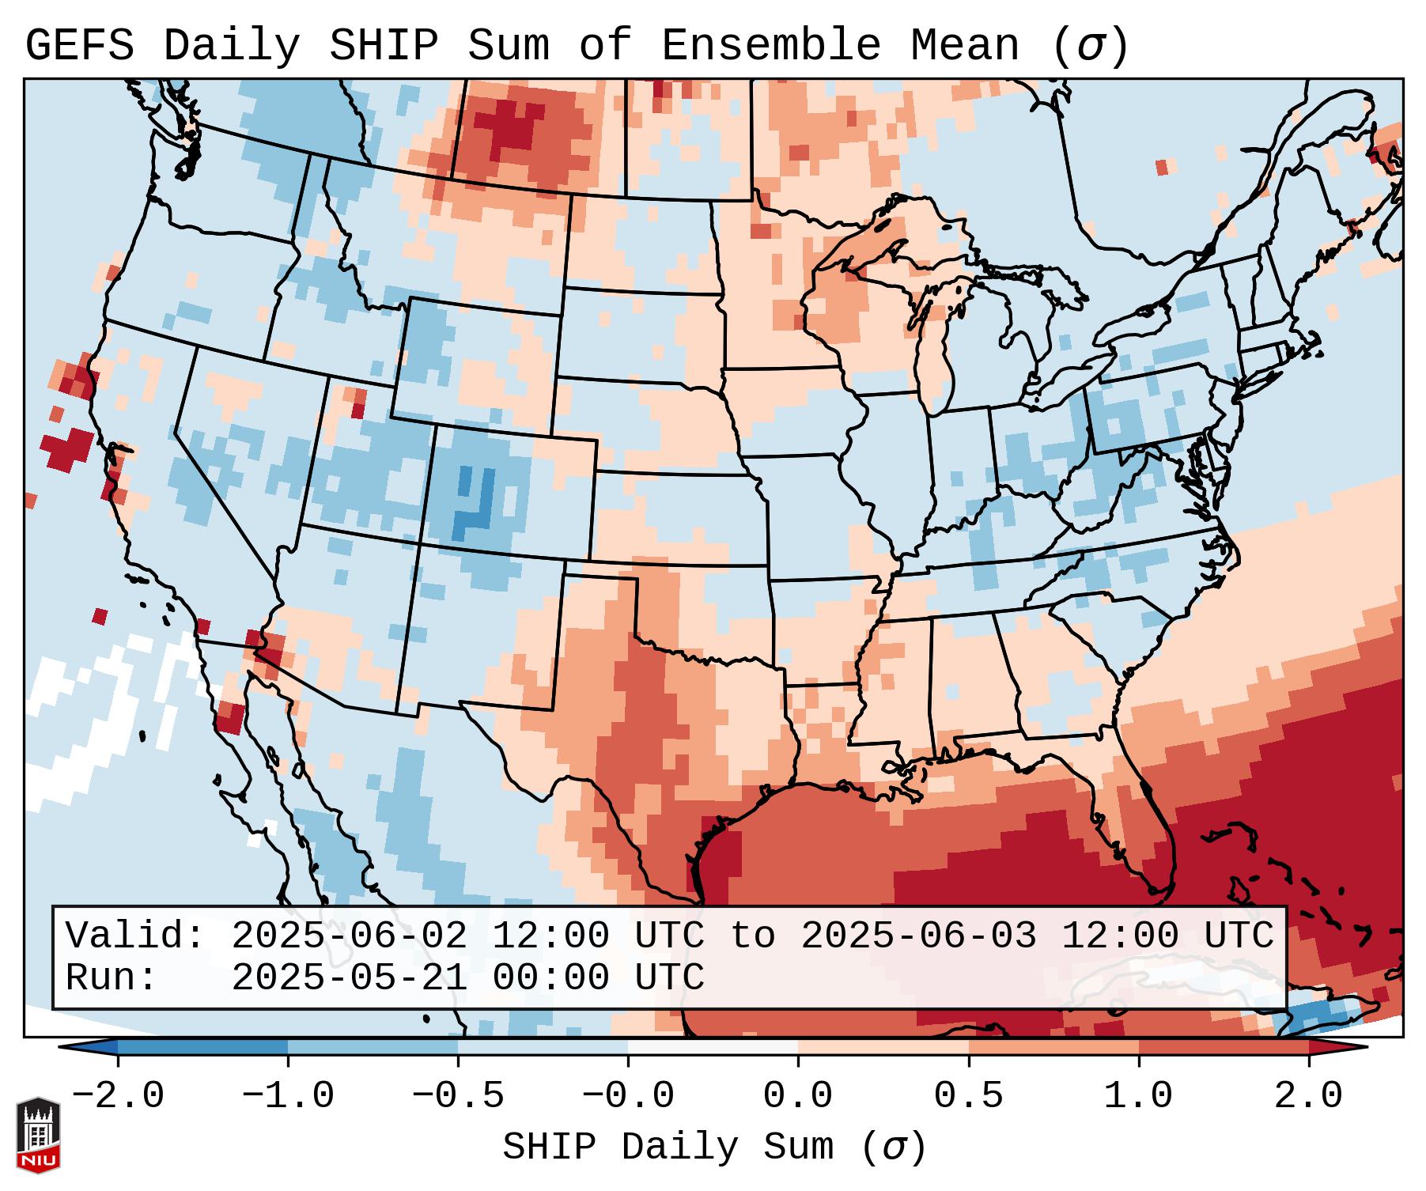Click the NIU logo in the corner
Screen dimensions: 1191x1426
coord(38,1135)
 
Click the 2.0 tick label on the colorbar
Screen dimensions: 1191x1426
coord(1308,1096)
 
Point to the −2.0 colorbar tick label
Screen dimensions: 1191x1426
coord(118,1096)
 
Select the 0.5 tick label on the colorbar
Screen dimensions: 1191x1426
coord(968,1096)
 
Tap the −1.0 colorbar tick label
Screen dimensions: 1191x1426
coord(288,1096)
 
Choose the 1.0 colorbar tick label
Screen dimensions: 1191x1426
coord(1138,1096)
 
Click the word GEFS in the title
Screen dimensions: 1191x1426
coord(80,46)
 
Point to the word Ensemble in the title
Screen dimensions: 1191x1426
coord(770,46)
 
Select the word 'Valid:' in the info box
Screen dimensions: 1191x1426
coord(135,936)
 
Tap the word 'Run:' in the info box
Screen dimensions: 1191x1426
coord(112,978)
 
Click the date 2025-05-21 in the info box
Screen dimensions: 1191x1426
coord(349,978)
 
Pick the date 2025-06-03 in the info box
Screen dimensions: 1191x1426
coord(918,936)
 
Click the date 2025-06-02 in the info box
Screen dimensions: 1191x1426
coord(349,936)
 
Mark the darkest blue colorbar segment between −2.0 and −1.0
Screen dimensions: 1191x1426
coord(202,1047)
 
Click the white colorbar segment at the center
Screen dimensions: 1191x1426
coord(713,1047)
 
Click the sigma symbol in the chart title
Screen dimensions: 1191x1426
coord(1089,46)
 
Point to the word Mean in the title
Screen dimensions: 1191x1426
coord(965,46)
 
